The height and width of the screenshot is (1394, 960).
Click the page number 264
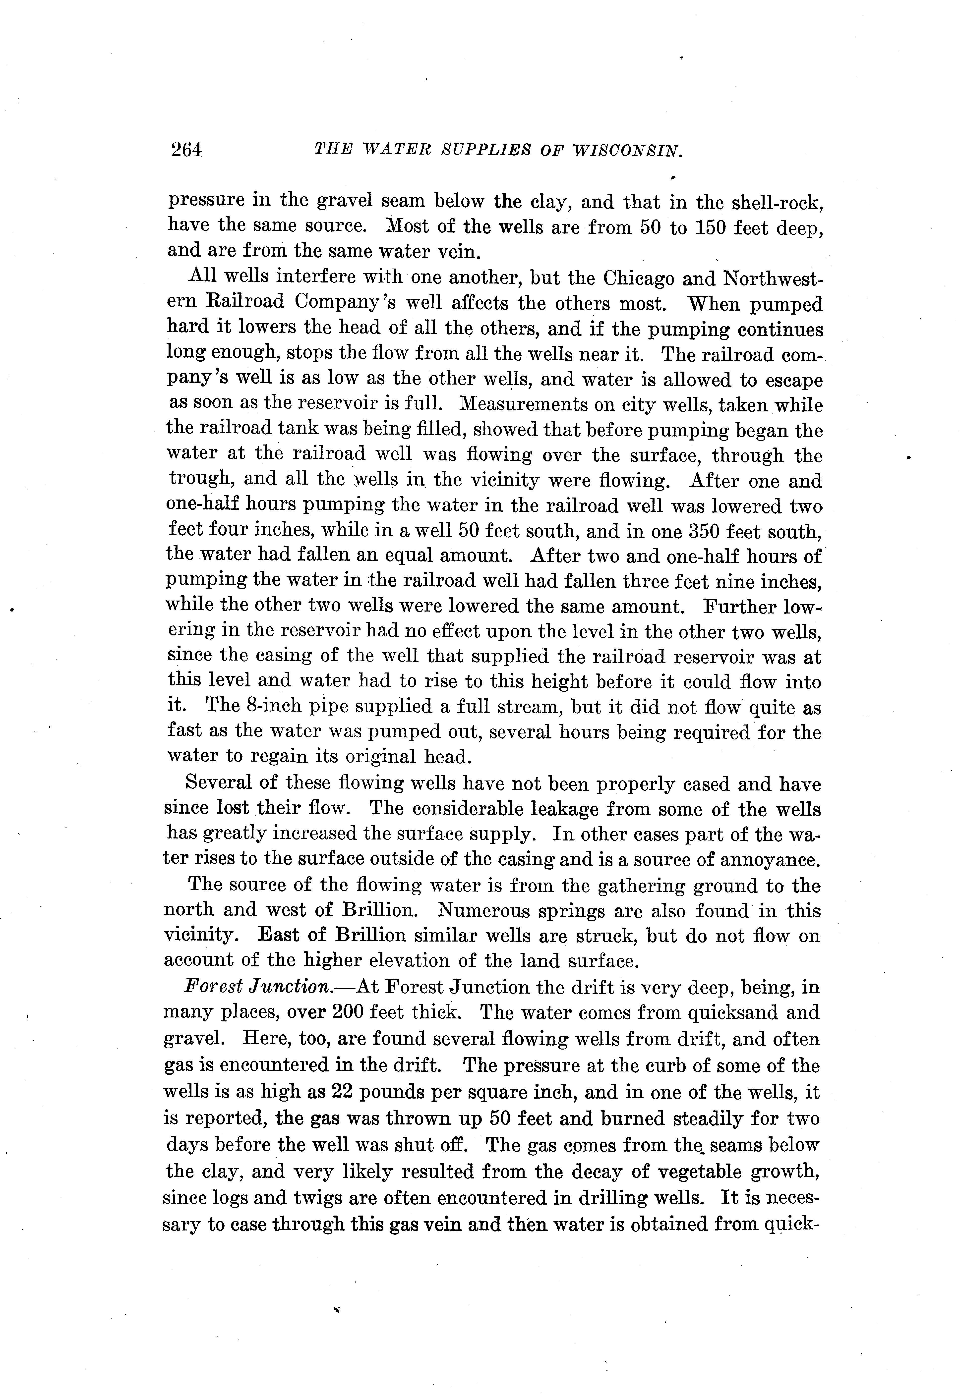[186, 149]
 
